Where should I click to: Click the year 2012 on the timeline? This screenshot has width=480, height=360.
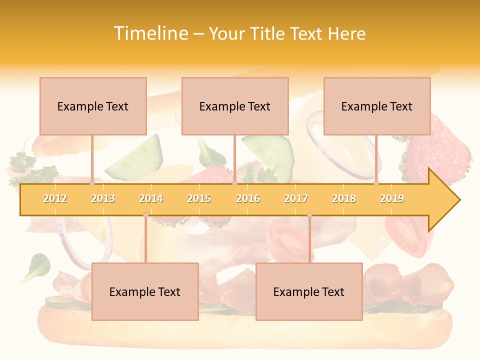[55, 198]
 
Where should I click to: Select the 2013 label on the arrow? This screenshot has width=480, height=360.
[103, 198]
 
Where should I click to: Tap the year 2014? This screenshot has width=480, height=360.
[151, 198]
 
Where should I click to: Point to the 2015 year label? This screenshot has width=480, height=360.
[199, 198]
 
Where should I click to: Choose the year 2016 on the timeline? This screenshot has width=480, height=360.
[248, 198]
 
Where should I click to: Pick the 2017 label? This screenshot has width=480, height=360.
[296, 198]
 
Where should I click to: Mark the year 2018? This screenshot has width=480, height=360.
[344, 198]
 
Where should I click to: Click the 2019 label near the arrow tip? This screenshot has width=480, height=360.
[392, 198]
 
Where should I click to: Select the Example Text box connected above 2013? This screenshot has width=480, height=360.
[93, 106]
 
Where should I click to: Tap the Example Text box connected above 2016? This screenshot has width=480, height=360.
[235, 106]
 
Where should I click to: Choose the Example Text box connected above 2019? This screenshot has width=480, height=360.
[377, 106]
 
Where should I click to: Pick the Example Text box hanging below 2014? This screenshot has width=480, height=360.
[145, 291]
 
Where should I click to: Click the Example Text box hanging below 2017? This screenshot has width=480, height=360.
[309, 291]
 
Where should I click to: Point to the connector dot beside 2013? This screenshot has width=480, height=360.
[92, 183]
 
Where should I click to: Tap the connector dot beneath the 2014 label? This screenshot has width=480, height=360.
[145, 215]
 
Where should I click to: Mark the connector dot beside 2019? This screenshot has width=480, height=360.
[376, 183]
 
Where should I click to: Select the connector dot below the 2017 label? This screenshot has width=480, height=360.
[309, 215]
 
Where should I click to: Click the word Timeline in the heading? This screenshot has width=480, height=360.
[150, 33]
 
